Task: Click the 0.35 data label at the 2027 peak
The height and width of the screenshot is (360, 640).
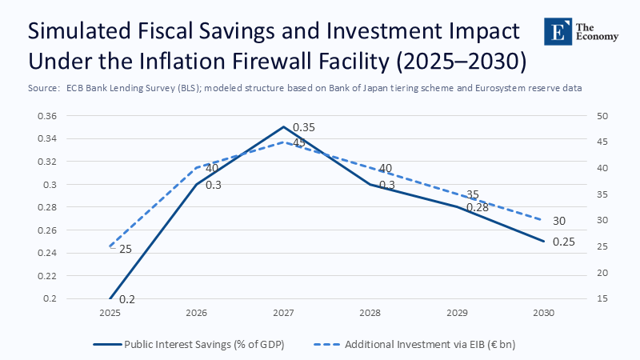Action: coord(304,128)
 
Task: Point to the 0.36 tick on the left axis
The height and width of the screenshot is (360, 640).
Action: coord(47,116)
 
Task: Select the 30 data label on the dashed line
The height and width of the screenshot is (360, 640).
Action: coord(560,221)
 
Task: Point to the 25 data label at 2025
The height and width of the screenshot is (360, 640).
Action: coord(125,249)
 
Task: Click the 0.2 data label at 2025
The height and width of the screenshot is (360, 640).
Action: coord(126,299)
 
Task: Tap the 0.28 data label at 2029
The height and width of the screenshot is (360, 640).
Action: coord(477,207)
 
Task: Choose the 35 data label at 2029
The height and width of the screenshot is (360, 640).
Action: coord(472,194)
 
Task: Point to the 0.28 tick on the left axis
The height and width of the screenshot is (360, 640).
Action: coord(47,207)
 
